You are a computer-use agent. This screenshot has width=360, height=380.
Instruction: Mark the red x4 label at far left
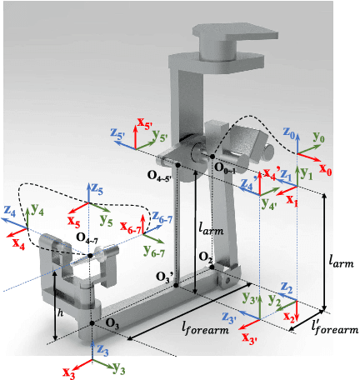coord(17,245)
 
